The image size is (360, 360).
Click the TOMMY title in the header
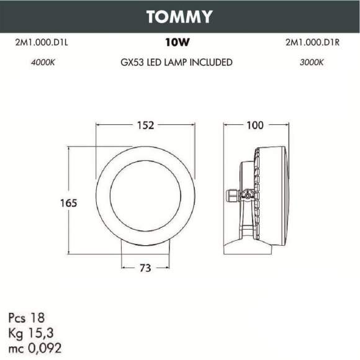(179, 16)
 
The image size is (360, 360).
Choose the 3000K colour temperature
(312, 63)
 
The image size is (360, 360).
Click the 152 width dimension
(145, 125)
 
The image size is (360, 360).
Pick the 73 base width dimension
(145, 268)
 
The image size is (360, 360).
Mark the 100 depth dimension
(255, 125)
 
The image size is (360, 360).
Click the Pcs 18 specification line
(27, 317)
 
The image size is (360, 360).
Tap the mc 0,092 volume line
(35, 343)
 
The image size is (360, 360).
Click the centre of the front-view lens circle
(145, 196)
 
